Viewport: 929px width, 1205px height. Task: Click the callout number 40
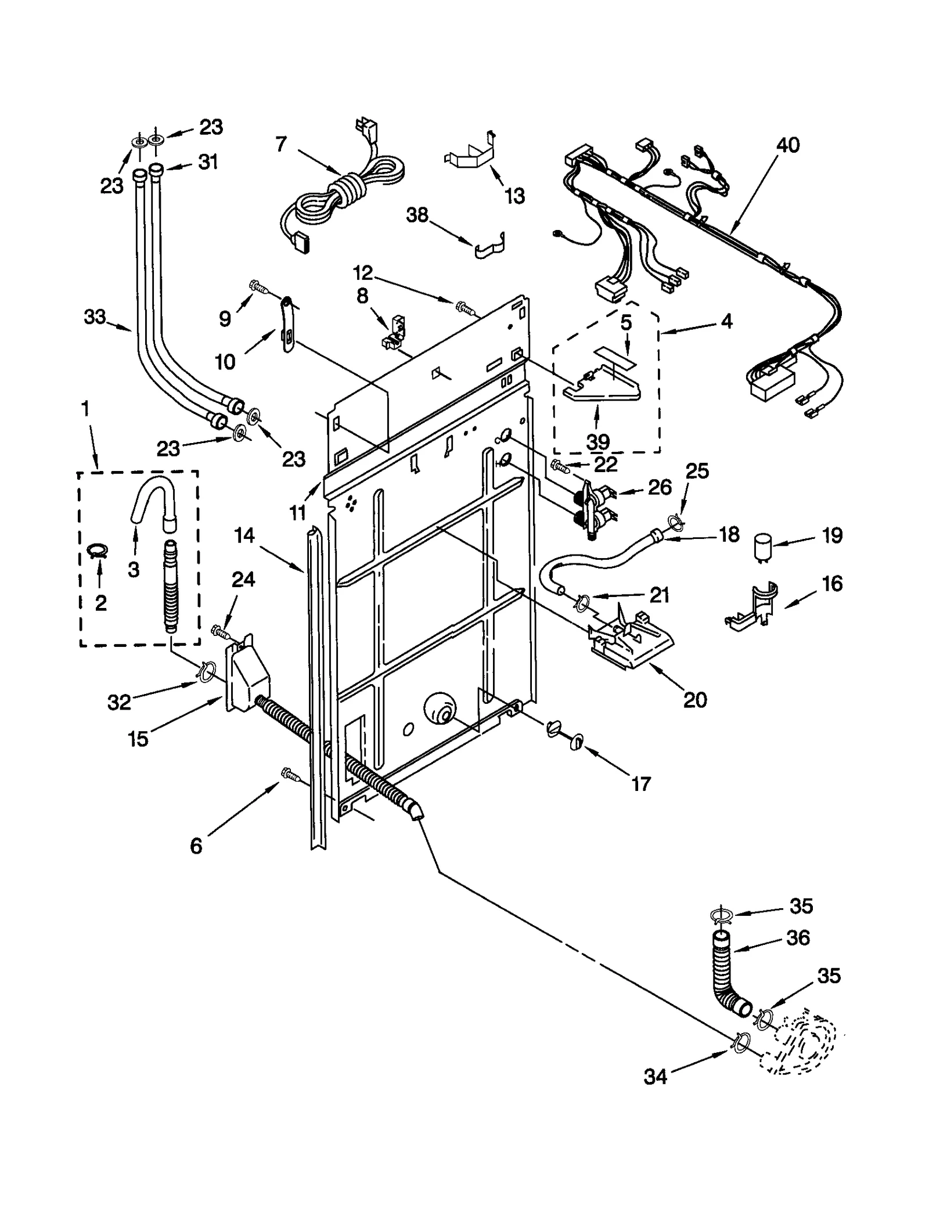click(788, 145)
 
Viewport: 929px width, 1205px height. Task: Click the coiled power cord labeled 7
click(343, 195)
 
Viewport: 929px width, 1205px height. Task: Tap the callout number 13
click(514, 196)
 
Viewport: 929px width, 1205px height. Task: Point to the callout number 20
click(695, 700)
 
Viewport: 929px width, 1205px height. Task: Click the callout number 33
click(95, 317)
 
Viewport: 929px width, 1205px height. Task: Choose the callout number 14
click(244, 535)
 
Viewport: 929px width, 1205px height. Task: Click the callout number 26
click(660, 487)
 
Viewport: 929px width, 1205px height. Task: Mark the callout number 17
click(640, 785)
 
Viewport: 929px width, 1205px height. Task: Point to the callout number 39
click(597, 442)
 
